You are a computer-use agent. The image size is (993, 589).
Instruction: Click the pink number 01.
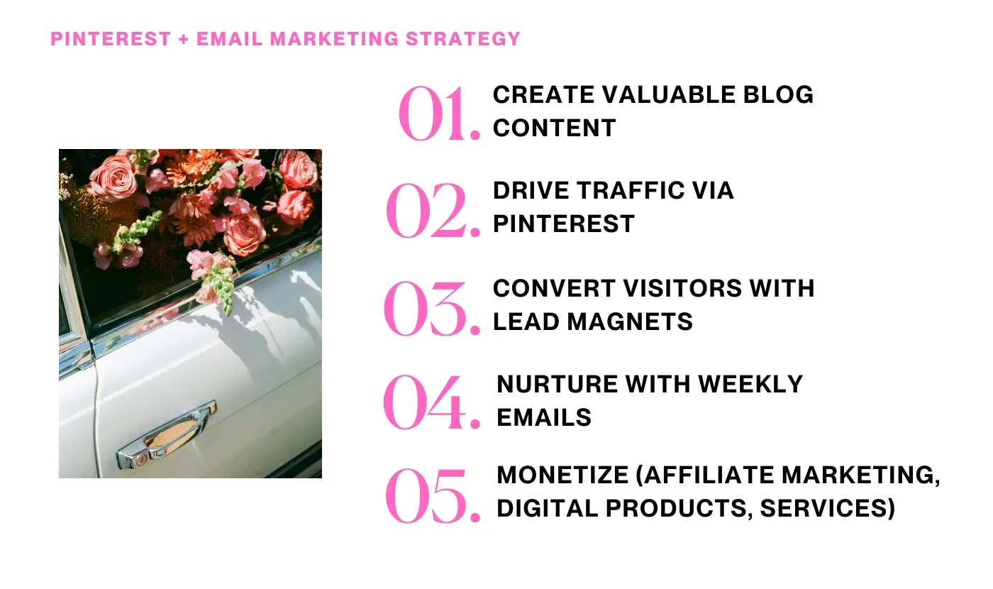tap(439, 114)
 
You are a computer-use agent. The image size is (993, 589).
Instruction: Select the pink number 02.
tap(433, 211)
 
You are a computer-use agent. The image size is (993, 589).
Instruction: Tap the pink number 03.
tap(431, 309)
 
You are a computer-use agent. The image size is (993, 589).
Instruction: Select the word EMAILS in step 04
tap(544, 417)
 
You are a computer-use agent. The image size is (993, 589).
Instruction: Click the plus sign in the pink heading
tap(184, 38)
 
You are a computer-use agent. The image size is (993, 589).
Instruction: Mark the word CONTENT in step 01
tap(555, 128)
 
